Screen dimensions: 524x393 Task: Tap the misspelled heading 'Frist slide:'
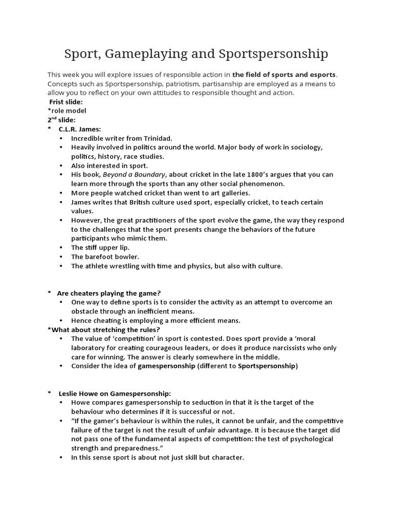65,102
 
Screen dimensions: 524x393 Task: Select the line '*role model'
67,111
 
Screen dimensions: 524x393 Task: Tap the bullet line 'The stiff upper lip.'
100,247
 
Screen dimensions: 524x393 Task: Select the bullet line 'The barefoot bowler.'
105,256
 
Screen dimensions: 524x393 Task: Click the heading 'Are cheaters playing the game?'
109,293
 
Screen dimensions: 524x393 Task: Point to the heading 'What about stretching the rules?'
105,330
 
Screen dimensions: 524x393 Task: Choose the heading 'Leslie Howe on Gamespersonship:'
114,393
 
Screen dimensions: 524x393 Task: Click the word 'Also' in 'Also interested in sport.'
80,166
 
